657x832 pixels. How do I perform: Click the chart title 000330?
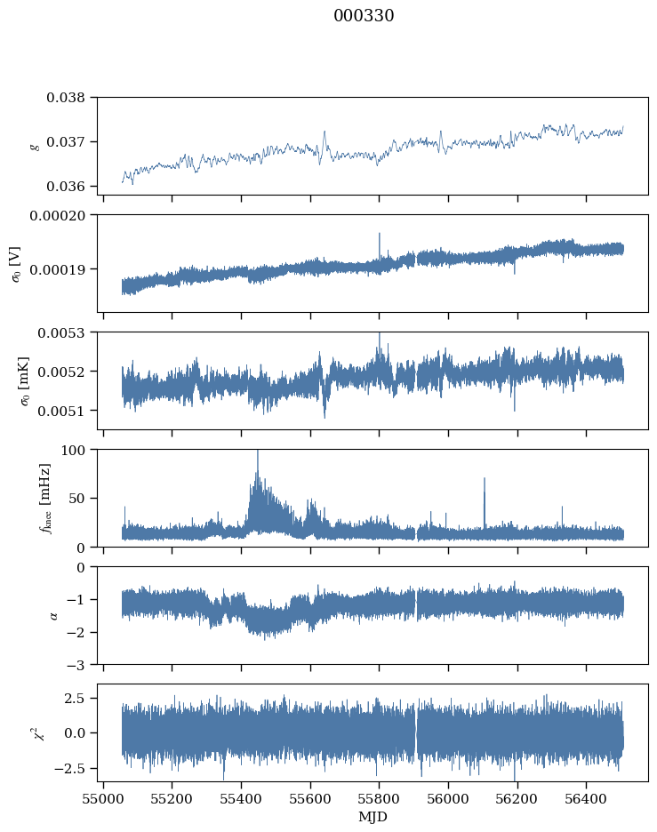[x=364, y=16]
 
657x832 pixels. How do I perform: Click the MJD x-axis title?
[x=373, y=817]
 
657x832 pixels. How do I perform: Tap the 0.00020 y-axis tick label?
[x=64, y=215]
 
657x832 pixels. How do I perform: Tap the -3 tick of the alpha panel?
[x=81, y=665]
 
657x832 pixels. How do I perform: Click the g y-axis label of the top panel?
[x=36, y=146]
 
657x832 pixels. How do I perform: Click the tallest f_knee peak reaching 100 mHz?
[x=258, y=452]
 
